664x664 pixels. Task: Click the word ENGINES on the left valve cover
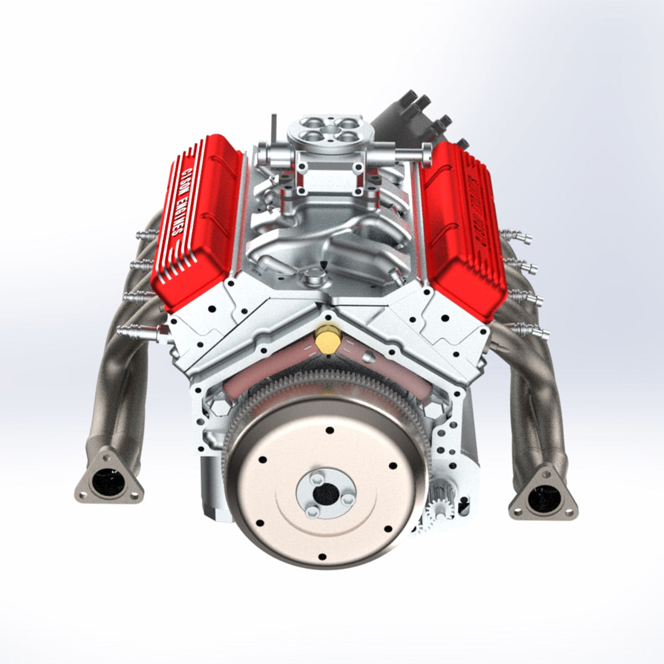coord(177,216)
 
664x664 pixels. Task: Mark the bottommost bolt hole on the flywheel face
coord(321,556)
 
